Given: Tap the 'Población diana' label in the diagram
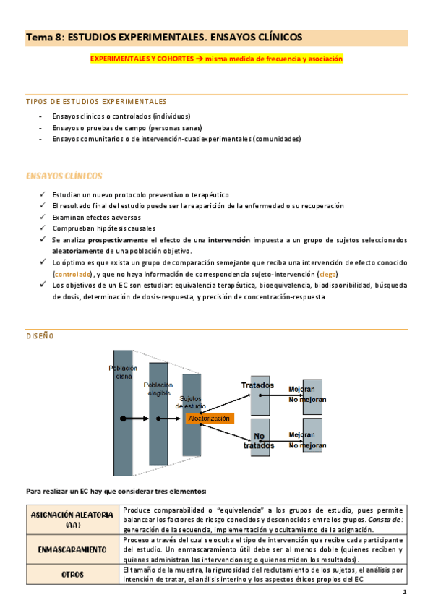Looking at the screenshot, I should click(x=123, y=372).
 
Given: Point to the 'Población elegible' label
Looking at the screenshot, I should click(x=159, y=389).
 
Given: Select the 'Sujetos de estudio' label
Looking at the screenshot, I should click(x=191, y=403).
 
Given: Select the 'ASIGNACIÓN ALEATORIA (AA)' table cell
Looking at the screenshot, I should click(x=73, y=519).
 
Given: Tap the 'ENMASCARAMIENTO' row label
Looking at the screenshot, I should click(x=73, y=549).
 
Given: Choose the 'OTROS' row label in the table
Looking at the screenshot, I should click(x=73, y=575).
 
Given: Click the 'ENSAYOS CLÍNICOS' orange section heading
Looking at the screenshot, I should click(x=64, y=176).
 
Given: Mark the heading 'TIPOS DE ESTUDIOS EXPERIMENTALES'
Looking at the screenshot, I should click(x=96, y=101).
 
